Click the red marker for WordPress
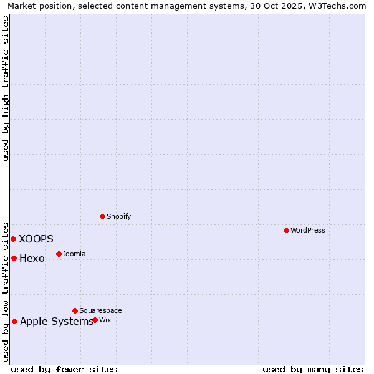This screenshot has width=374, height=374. (x=286, y=230)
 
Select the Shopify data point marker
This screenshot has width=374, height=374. (x=102, y=216)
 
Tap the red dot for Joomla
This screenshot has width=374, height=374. (x=59, y=254)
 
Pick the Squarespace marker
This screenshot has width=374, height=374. (x=75, y=310)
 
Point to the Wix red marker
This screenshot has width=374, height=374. (x=95, y=320)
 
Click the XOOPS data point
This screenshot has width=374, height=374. (x=13, y=239)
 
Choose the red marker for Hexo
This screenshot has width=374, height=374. (x=14, y=258)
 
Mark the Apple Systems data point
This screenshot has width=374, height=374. (x=14, y=321)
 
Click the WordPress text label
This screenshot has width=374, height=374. (x=307, y=230)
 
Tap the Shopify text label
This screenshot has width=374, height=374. (x=118, y=216)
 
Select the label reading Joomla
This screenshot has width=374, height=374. (x=74, y=254)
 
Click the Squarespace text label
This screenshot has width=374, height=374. (x=100, y=310)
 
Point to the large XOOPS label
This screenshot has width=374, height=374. (x=36, y=239)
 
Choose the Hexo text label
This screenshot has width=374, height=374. (x=32, y=258)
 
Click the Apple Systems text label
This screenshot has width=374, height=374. (x=56, y=321)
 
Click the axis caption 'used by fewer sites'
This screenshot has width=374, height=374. (x=64, y=369)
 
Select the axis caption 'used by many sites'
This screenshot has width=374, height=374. (x=313, y=369)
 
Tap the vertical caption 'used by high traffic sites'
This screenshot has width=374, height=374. (x=6, y=89)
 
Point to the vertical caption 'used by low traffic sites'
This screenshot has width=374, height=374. (x=6, y=292)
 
